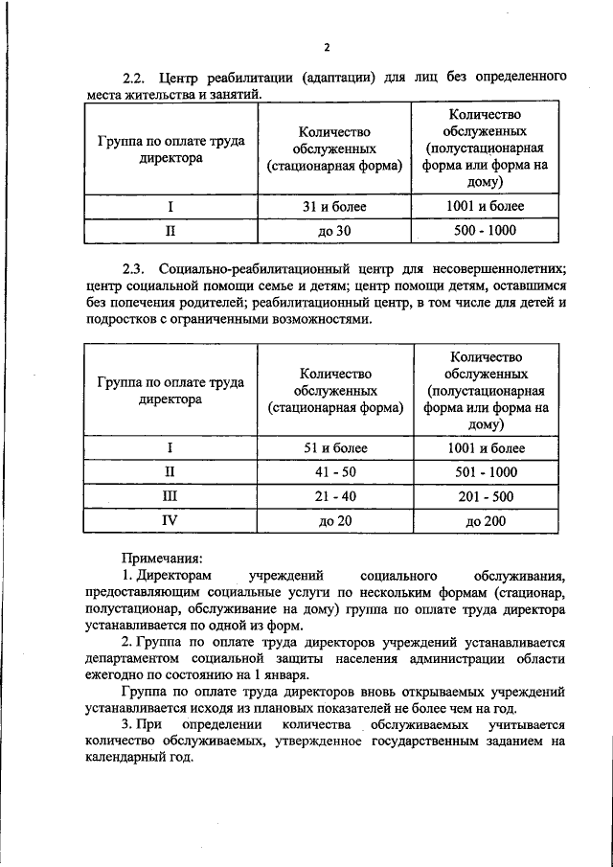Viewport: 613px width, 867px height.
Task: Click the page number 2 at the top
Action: coord(326,47)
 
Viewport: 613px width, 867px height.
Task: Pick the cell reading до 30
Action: coord(334,231)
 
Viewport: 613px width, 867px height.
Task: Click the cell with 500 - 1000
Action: coord(486,231)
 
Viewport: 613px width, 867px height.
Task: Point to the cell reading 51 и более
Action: coord(334,447)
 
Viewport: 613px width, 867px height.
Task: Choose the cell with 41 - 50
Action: coord(334,471)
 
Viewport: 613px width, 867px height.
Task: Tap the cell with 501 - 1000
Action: coord(486,471)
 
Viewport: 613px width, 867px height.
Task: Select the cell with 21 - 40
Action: coord(334,496)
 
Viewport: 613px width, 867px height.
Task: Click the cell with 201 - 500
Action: coord(486,496)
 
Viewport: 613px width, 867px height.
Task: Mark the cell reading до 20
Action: coord(334,520)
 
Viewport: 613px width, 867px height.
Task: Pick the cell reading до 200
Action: coord(486,520)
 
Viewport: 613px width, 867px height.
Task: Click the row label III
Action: coord(170,496)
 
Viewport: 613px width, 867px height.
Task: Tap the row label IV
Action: coord(170,520)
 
